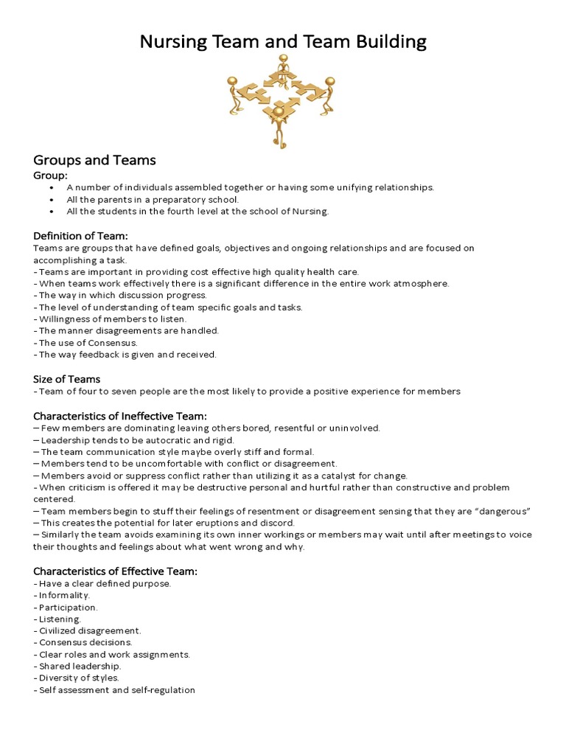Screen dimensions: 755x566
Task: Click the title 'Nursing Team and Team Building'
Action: point(283,41)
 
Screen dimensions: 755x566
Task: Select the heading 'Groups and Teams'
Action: point(94,160)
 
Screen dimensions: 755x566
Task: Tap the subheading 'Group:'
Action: point(50,175)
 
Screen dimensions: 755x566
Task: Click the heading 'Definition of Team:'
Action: point(80,235)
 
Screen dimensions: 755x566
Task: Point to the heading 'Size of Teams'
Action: point(66,379)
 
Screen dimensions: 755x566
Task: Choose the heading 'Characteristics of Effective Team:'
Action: point(115,571)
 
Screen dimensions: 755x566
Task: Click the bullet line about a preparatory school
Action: point(153,199)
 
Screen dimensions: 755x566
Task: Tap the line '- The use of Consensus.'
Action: point(85,343)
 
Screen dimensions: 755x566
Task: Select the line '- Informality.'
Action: point(62,595)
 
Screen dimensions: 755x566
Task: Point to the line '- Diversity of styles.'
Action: point(76,678)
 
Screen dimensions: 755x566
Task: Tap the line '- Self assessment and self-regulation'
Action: point(114,690)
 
